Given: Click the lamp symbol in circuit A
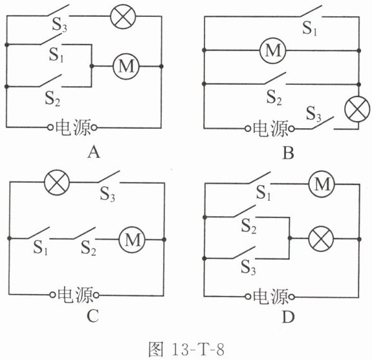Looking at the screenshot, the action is [x=123, y=16].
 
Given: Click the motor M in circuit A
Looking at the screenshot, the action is [x=126, y=66].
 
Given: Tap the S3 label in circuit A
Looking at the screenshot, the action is [x=60, y=25].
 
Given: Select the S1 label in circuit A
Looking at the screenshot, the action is [x=56, y=55].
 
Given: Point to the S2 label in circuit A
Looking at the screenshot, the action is [x=52, y=98].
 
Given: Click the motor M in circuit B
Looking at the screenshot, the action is [x=273, y=51].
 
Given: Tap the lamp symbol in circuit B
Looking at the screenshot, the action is [x=357, y=109].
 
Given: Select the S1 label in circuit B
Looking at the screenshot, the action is [x=310, y=28].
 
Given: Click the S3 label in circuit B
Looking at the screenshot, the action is [x=313, y=114].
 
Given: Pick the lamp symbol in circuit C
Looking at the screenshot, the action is [x=57, y=183].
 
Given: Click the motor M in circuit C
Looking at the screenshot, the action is [x=132, y=239].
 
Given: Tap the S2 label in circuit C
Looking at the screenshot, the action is [x=88, y=248].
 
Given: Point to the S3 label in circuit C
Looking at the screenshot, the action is [x=107, y=194].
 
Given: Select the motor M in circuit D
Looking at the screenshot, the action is [x=322, y=184].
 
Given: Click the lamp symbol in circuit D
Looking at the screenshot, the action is [x=321, y=239].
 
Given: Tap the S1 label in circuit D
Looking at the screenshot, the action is [x=263, y=193].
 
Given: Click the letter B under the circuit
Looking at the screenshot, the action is [x=289, y=153].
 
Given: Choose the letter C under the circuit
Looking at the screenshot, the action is [x=93, y=316].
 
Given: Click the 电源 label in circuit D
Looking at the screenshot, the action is [x=270, y=297].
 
